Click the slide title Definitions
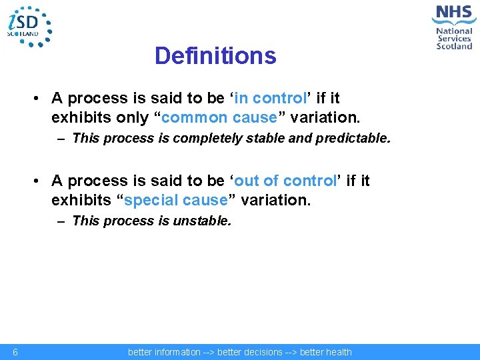[x=215, y=56]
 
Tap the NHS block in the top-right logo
[x=453, y=13]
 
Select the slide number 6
[x=15, y=352]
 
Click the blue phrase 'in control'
[x=270, y=99]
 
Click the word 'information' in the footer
[x=176, y=352]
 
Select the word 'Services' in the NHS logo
[x=454, y=39]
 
